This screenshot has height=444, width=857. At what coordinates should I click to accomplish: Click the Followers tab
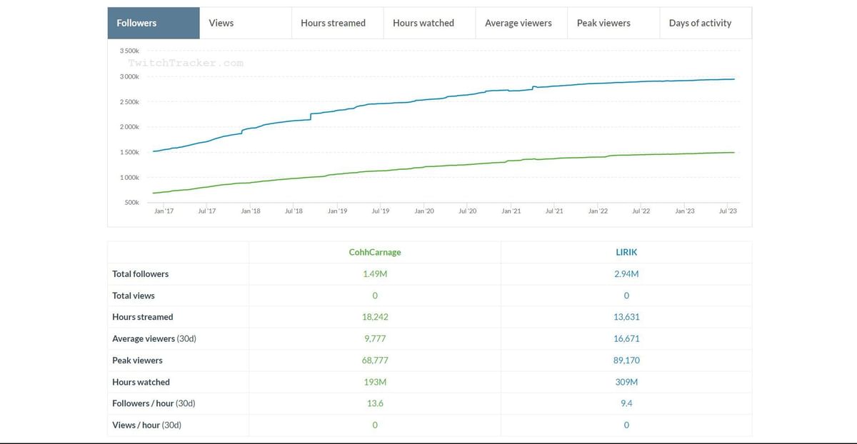(136, 23)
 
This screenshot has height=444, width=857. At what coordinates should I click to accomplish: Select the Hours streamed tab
(333, 23)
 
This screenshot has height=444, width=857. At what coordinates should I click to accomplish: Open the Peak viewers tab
(603, 23)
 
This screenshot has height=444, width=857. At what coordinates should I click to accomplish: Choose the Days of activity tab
(700, 23)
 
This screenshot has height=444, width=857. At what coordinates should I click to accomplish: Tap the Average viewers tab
(518, 23)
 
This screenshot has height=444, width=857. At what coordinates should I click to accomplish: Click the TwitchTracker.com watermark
(186, 63)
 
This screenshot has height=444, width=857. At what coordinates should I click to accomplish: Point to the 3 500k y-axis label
(129, 51)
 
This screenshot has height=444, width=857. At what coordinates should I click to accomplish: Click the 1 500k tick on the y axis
(129, 152)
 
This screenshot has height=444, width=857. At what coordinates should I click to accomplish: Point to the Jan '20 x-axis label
(424, 211)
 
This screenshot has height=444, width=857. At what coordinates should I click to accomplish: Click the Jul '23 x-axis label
(727, 211)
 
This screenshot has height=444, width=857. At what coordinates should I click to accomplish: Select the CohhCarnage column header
(375, 252)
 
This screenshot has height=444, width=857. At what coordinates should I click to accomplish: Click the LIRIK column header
(626, 252)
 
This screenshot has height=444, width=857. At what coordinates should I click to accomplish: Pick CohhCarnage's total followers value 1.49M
(375, 274)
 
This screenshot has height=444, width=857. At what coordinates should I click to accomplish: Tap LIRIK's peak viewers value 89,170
(626, 360)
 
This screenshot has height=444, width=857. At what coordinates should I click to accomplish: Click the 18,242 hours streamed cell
(375, 317)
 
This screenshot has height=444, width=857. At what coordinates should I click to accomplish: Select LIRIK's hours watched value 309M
(626, 382)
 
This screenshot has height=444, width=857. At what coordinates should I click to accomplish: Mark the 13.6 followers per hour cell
(375, 403)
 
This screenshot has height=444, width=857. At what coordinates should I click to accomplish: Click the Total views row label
(134, 296)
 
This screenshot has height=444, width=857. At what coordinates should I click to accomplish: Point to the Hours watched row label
(141, 382)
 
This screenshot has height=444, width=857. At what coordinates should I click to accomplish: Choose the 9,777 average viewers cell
(375, 338)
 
